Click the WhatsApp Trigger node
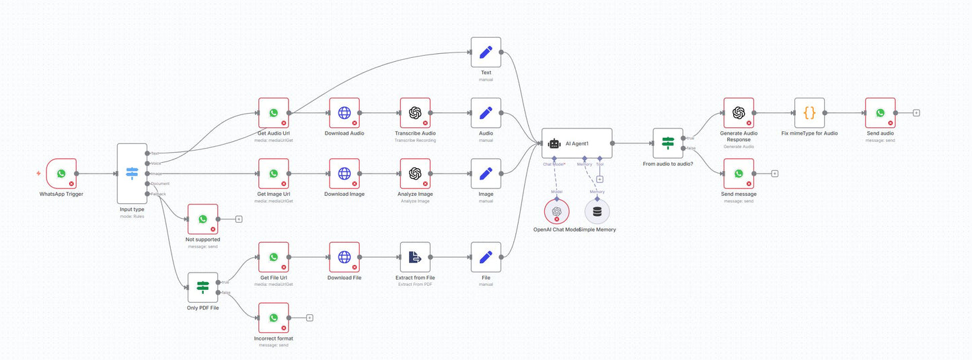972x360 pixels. [61, 174]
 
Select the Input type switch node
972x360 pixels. [132, 174]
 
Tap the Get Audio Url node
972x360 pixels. [274, 113]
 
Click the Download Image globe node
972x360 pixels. [344, 174]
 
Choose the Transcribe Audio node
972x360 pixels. [415, 113]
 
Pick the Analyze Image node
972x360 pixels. [415, 174]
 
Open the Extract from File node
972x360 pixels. [415, 257]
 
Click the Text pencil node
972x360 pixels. [486, 52]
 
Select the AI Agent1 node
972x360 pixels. [577, 143]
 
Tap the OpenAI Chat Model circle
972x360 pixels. [556, 211]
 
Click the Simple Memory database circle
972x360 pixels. [597, 211]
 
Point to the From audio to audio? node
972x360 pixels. [668, 143]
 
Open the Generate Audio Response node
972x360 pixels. [739, 113]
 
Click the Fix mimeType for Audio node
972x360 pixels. [809, 113]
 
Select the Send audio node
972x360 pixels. [881, 113]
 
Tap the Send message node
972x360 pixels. [739, 174]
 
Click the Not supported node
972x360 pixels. [203, 219]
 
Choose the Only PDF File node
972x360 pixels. [203, 287]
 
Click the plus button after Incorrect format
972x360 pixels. [309, 318]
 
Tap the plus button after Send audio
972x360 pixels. [916, 113]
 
